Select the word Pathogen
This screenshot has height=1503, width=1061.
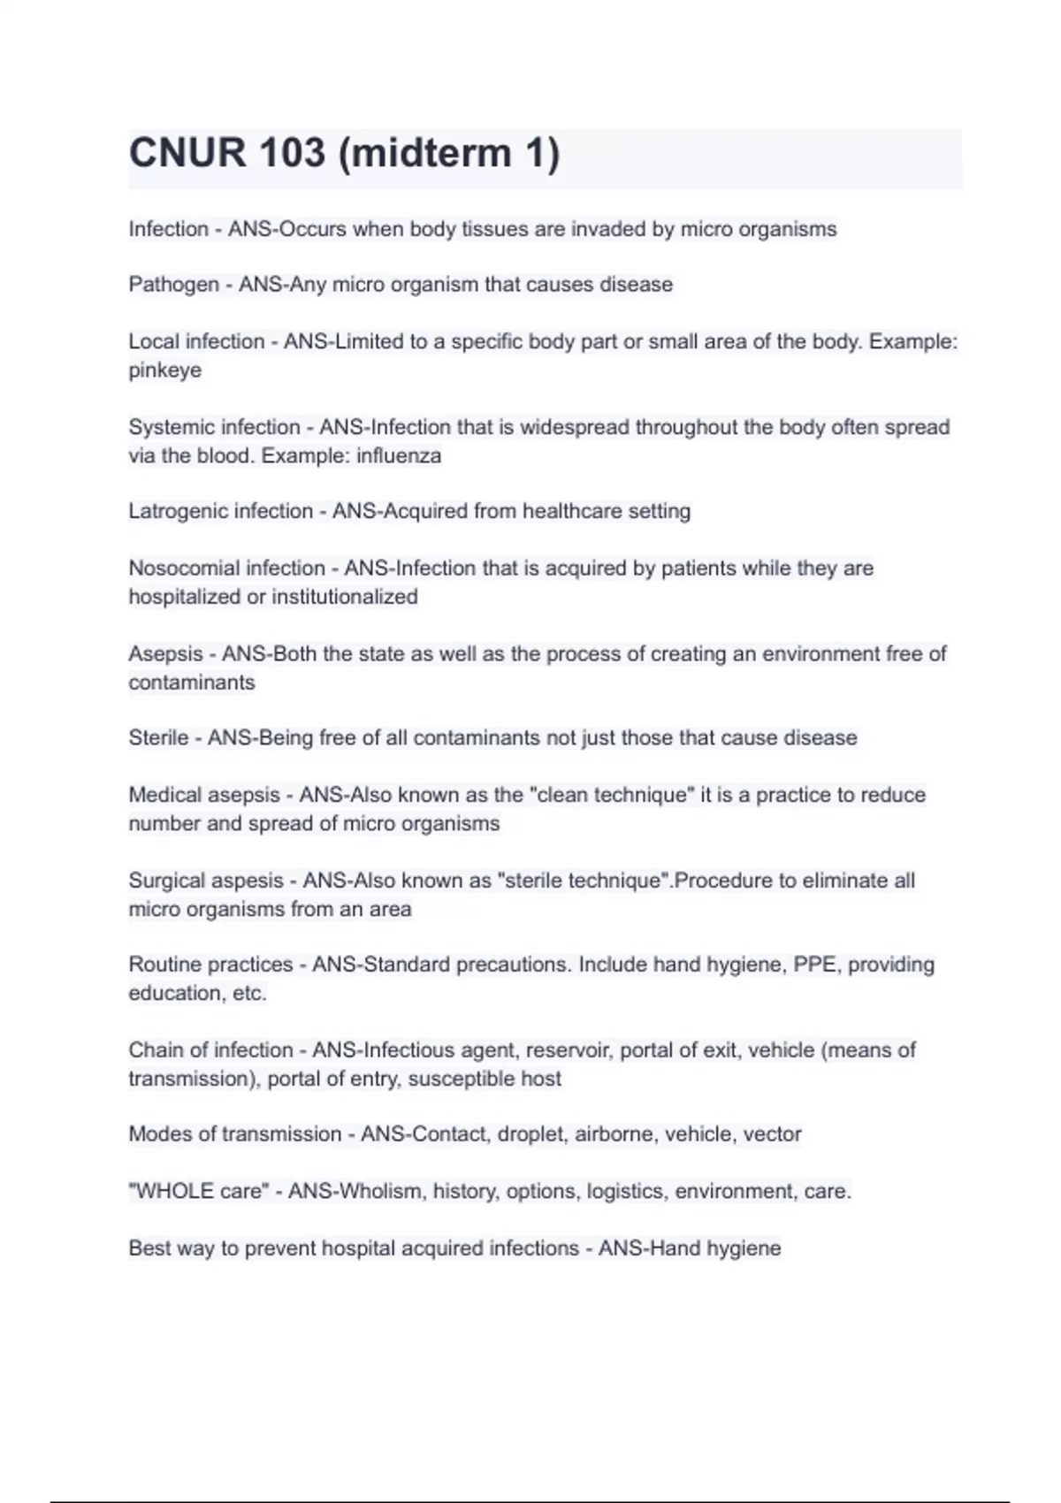pyautogui.click(x=173, y=285)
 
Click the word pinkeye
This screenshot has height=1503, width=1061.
pyautogui.click(x=164, y=370)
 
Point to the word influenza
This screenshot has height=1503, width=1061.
pyautogui.click(x=398, y=456)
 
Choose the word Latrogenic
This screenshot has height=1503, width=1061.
pyautogui.click(x=174, y=512)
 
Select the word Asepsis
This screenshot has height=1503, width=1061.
pyautogui.click(x=165, y=654)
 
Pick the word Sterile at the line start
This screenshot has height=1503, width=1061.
pyautogui.click(x=158, y=738)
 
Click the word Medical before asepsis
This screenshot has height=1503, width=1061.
pyautogui.click(x=164, y=795)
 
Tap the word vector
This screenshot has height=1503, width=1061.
pyautogui.click(x=772, y=1134)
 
